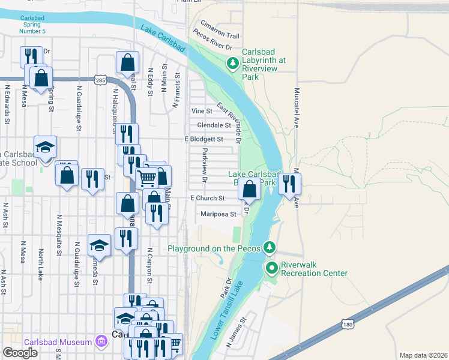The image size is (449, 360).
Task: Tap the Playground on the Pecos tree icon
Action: (270, 248)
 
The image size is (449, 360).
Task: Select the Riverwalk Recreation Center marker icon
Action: (271, 268)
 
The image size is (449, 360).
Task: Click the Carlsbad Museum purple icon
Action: (101, 343)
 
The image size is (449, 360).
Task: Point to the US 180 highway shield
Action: (349, 323)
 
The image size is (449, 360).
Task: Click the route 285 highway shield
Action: (100, 79)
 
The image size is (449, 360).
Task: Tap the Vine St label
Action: (202, 111)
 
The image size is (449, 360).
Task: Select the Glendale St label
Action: (214, 125)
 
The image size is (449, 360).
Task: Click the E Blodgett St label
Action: (204, 139)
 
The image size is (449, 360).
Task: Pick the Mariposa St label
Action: (219, 214)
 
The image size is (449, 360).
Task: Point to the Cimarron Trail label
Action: (220, 36)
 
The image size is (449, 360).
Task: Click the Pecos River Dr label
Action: (213, 46)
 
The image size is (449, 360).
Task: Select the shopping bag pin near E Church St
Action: (249, 190)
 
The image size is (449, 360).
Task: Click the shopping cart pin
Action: (146, 177)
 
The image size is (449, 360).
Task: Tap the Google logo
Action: (20, 353)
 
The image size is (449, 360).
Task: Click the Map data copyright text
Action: (423, 355)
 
